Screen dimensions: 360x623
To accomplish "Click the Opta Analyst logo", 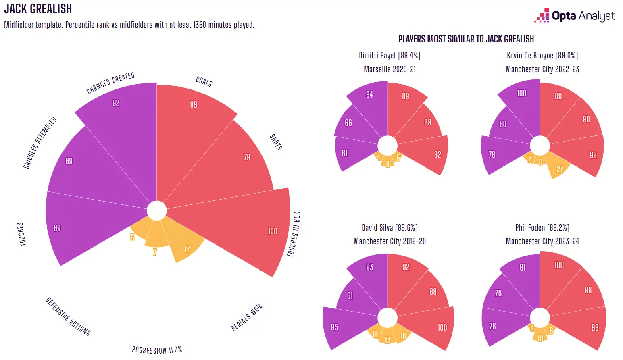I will (575, 16).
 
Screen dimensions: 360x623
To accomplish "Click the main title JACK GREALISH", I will (38, 9).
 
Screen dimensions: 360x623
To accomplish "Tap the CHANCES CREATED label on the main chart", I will (110, 83).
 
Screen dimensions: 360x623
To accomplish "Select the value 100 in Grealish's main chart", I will (273, 231).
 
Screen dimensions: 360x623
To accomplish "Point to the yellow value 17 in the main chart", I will (187, 249).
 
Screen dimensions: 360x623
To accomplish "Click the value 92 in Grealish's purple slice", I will (116, 103).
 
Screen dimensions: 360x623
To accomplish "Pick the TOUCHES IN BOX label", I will (294, 234).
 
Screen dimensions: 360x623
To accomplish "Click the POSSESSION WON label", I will (157, 350).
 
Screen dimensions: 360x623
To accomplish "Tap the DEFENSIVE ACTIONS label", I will (68, 316).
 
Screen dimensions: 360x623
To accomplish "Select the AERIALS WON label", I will (246, 317).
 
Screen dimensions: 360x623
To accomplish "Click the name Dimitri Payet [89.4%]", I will (390, 56).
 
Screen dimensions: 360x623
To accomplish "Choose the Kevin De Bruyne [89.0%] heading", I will (542, 56).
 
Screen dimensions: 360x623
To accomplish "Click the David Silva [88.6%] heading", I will (390, 228).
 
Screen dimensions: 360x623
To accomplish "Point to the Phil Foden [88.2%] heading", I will (542, 228).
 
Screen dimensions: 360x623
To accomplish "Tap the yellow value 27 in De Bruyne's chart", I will (560, 169).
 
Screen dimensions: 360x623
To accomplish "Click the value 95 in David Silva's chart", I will (334, 327).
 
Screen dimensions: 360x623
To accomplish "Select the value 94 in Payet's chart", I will (369, 94).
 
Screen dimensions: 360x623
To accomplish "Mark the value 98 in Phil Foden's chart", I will (588, 290).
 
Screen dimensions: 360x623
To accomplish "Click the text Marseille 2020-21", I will (390, 69).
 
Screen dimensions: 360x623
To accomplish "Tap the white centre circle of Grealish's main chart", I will (156, 210).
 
